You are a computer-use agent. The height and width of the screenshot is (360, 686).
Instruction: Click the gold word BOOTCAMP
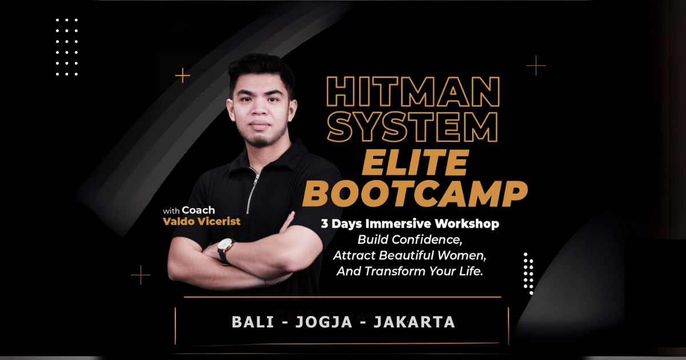(x=414, y=194)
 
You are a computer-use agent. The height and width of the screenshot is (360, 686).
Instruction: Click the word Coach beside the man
(x=198, y=210)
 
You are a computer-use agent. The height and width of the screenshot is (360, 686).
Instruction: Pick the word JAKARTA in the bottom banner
(x=414, y=322)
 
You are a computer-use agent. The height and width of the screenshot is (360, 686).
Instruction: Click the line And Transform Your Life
(x=410, y=271)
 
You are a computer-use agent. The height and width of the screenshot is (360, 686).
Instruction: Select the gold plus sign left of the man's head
(x=182, y=75)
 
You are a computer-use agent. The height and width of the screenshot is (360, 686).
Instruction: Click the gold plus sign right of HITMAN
(x=536, y=66)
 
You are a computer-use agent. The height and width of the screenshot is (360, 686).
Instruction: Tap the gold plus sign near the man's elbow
(x=141, y=275)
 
